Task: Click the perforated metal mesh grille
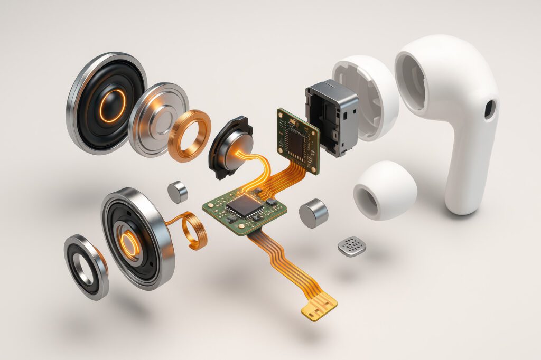click(x=352, y=245)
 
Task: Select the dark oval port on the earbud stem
click(x=490, y=109)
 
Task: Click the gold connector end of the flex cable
click(x=320, y=305)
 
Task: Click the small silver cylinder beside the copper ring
click(x=178, y=192)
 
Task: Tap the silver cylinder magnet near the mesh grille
click(x=313, y=213)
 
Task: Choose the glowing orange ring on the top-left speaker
click(x=113, y=106)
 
